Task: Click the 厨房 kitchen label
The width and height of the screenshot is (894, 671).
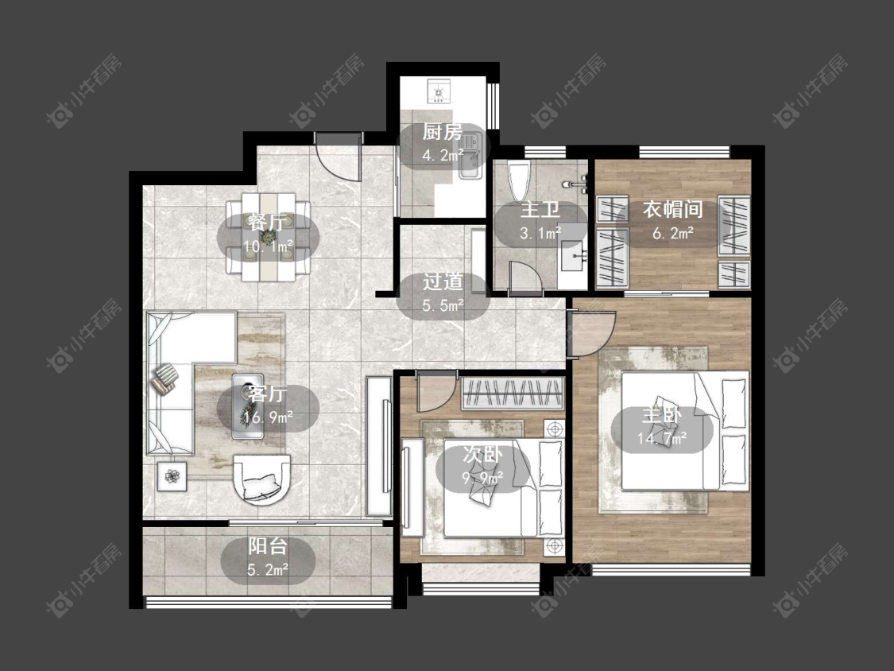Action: pyautogui.click(x=443, y=133)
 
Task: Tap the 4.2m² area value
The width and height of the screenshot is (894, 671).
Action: pyautogui.click(x=443, y=154)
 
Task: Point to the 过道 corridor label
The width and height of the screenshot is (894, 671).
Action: pyautogui.click(x=443, y=282)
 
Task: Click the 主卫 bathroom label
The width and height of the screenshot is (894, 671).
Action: pyautogui.click(x=540, y=209)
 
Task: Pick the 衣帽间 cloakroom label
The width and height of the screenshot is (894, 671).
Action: pyautogui.click(x=673, y=209)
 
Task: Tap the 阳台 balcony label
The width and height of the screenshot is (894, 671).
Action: pyautogui.click(x=267, y=547)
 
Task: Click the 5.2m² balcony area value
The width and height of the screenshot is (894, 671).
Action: pyautogui.click(x=267, y=569)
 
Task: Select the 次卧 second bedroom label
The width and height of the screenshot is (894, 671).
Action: pyautogui.click(x=482, y=455)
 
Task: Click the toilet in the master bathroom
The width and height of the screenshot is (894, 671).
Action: pyautogui.click(x=520, y=181)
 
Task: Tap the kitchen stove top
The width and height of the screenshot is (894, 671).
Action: pyautogui.click(x=439, y=91)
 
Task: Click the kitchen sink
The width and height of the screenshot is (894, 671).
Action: pyautogui.click(x=471, y=156)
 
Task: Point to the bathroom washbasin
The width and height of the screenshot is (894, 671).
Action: pyautogui.click(x=574, y=258)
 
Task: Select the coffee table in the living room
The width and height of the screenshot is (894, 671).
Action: pyautogui.click(x=247, y=405)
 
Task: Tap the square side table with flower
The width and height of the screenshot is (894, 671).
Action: pyautogui.click(x=172, y=475)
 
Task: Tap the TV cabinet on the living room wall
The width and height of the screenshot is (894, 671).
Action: pyautogui.click(x=379, y=446)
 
